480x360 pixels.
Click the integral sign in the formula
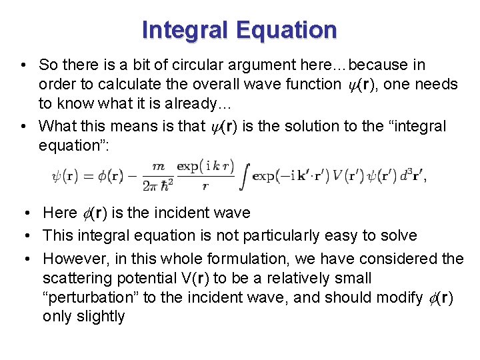(x=244, y=175)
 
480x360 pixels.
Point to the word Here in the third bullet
(x=60, y=213)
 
